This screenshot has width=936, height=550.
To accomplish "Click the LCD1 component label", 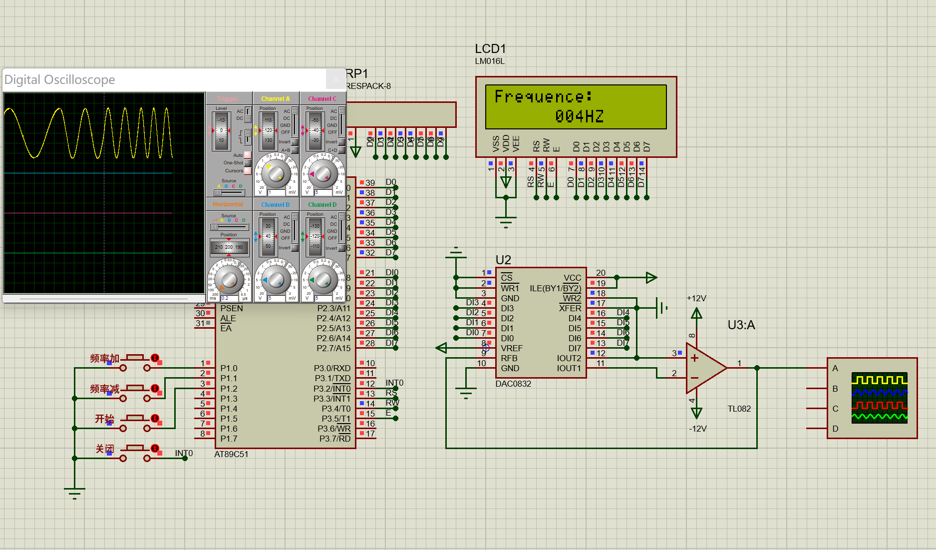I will click(x=490, y=49).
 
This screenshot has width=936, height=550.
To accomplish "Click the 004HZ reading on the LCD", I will click(x=579, y=116).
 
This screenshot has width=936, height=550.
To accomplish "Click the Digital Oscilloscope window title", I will click(x=60, y=80).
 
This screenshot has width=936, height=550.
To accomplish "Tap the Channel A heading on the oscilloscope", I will click(x=275, y=98).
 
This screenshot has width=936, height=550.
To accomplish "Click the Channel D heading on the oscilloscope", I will click(x=322, y=204).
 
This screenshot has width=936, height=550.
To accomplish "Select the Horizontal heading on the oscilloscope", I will click(x=228, y=204).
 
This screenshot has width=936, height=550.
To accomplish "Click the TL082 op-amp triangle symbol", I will click(x=704, y=368).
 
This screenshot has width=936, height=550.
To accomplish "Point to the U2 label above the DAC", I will click(x=503, y=260).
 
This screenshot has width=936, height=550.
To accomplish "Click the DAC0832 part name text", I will click(x=513, y=384).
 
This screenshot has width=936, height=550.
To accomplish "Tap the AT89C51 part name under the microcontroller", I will click(x=231, y=454).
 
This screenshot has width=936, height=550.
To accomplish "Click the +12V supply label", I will click(x=696, y=298).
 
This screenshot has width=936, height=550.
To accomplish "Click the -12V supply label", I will click(x=697, y=429).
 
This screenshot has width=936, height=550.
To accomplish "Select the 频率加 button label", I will click(x=105, y=358).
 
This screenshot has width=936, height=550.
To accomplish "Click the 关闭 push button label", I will click(x=105, y=449).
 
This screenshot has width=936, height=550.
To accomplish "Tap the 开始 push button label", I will click(x=105, y=419).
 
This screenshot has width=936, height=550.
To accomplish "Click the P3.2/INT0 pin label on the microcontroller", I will click(x=332, y=389).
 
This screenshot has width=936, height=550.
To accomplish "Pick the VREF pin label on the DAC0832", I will click(x=512, y=348).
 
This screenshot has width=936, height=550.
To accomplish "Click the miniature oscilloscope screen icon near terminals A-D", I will click(x=879, y=398).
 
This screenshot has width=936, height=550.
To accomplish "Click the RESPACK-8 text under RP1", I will click(x=368, y=86).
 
